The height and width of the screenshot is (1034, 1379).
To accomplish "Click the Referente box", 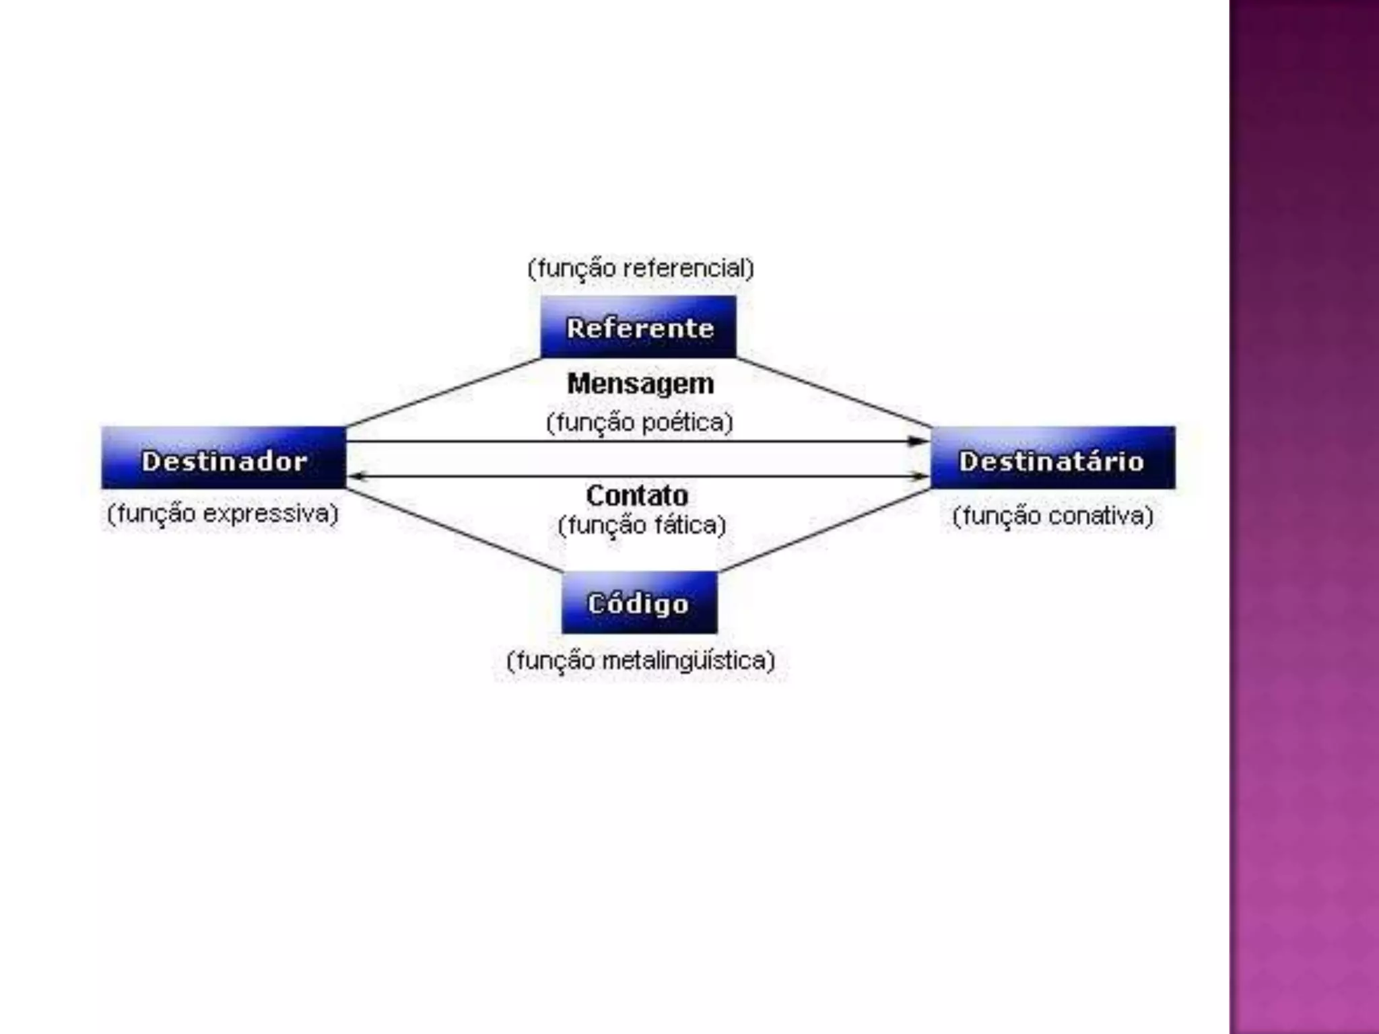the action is click(638, 327).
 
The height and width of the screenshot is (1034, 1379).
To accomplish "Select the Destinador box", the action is click(224, 458).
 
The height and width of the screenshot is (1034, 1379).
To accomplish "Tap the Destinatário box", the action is click(1052, 458).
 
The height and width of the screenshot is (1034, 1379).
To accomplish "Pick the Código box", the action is click(639, 603).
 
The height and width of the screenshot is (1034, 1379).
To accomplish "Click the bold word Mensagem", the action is click(640, 384).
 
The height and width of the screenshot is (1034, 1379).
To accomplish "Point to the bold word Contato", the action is click(637, 495).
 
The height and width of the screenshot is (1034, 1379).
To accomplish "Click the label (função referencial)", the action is click(640, 269).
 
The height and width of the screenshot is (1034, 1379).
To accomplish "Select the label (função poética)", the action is click(639, 423).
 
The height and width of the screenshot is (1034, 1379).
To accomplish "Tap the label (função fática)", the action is click(642, 525).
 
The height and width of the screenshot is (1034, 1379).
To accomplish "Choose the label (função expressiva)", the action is click(223, 514).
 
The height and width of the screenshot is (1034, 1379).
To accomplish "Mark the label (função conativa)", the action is click(1052, 516).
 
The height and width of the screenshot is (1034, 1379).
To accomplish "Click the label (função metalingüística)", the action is click(640, 660).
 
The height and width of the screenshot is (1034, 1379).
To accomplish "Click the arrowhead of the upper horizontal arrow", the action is click(918, 442).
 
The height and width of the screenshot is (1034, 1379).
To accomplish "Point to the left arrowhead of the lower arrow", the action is click(358, 477).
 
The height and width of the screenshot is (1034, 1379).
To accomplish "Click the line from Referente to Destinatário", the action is click(834, 392).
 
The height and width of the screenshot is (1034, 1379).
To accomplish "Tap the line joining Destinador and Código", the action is click(455, 530).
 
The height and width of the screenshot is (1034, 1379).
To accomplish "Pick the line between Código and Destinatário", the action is click(825, 530).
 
